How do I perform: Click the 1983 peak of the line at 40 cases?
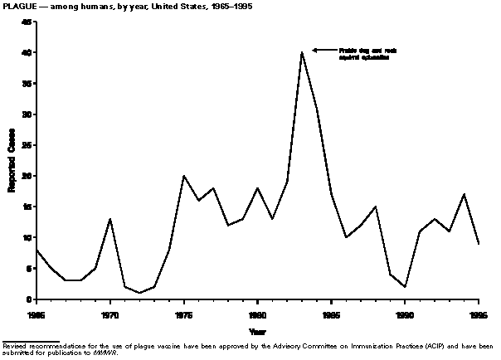[x=301, y=52]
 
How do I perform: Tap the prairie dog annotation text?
[x=363, y=55]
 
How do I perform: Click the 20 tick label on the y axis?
[x=27, y=176]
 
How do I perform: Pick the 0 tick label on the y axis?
[x=29, y=299]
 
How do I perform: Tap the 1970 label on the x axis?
[x=109, y=315]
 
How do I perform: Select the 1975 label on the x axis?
[x=183, y=315]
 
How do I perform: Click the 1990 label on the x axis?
[x=404, y=315]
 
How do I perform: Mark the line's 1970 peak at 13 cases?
[x=110, y=219]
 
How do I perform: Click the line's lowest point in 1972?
[x=139, y=293]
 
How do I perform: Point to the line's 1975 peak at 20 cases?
[x=183, y=176]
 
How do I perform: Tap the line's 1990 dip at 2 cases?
[x=404, y=287]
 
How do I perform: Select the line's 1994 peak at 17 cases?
[x=463, y=194]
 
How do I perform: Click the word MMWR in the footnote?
[x=129, y=352]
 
